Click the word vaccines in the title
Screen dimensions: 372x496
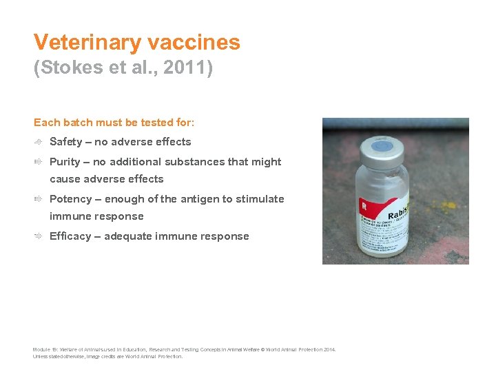[195, 43]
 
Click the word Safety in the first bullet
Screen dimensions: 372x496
[65, 142]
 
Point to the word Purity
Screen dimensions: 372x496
[65, 162]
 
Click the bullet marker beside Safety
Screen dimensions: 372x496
[40, 142]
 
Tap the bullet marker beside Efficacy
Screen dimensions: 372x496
[40, 236]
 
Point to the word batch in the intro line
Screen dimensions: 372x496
[76, 123]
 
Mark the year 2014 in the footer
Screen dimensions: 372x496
[329, 350]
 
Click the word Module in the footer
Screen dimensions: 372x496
[41, 350]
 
